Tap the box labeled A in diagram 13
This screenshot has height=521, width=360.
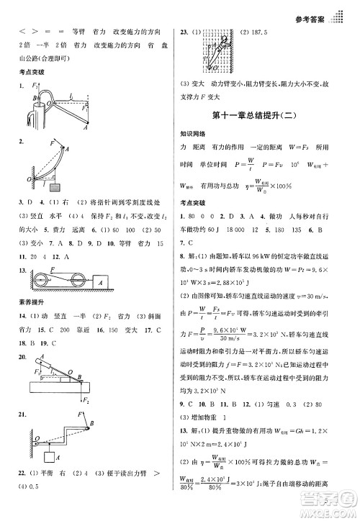(100, 281)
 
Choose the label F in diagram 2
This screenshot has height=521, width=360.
(51, 142)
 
